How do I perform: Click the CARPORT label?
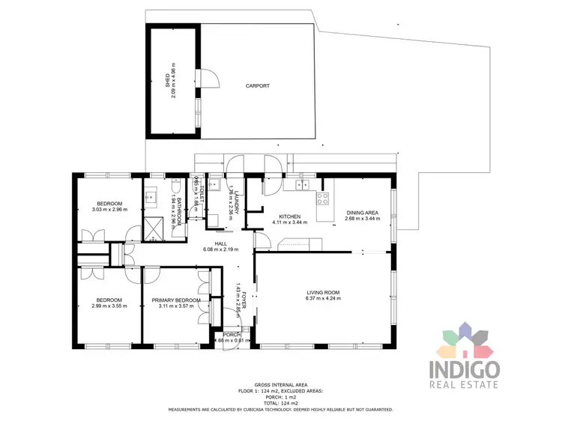coord(257,86)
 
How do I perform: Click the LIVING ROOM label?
coord(323,292)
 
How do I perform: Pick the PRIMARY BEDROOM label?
coord(176,300)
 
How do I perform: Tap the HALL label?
coord(220,243)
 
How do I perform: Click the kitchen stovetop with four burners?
coord(323,199)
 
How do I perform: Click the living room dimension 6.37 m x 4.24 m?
coord(323,299)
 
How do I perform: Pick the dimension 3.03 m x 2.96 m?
coord(109,209)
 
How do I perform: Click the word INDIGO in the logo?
coord(465,369)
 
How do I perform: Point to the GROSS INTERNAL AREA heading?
coord(280,382)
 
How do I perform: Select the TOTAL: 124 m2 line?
coord(280,403)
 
